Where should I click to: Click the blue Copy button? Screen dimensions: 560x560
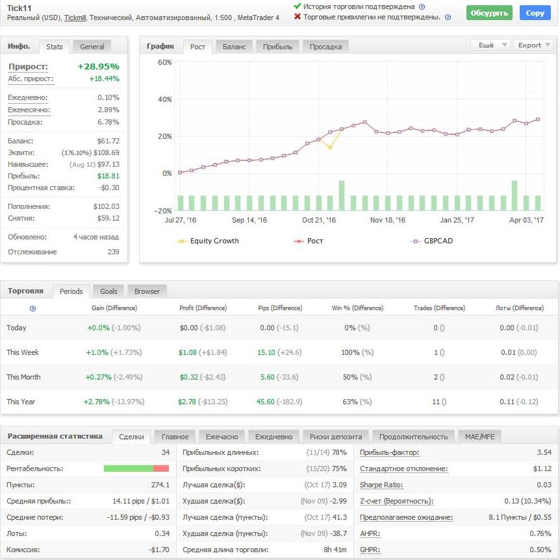tap(535, 13)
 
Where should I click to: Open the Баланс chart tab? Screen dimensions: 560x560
tap(235, 47)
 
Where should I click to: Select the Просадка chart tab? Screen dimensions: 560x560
tap(325, 47)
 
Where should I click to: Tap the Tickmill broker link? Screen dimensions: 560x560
tap(75, 18)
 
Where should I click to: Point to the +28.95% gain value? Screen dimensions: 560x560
tap(98, 66)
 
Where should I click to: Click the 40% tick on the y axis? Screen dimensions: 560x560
tap(165, 99)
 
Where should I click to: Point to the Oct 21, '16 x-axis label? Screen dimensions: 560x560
tap(319, 220)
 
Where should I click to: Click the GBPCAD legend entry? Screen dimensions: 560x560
tap(432, 241)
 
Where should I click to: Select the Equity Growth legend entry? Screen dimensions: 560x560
tap(208, 241)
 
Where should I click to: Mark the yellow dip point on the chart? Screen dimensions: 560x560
tap(330, 147)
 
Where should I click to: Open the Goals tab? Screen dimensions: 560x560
tap(108, 291)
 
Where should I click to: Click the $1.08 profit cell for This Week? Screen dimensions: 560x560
tap(187, 352)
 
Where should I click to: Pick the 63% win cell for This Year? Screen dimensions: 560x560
tap(350, 402)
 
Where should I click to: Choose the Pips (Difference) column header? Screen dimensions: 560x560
tap(280, 308)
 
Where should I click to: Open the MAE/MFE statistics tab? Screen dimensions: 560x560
tap(479, 437)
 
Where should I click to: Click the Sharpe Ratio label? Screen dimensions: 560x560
tap(381, 485)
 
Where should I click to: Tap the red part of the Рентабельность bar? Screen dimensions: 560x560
tap(161, 469)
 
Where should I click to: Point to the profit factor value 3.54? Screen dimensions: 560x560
tap(544, 452)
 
